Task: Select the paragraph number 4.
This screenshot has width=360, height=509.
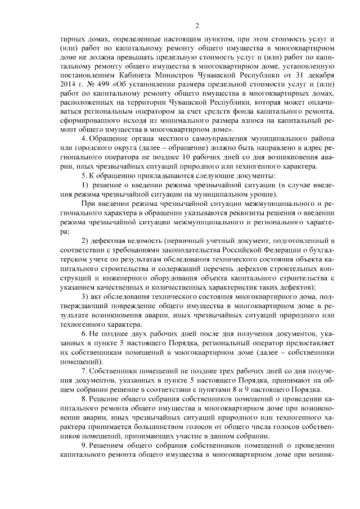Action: click(83, 137)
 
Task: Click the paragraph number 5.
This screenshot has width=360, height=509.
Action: click(83, 176)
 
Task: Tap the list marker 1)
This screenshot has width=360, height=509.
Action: click(85, 186)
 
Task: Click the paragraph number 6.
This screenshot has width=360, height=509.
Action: click(83, 334)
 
